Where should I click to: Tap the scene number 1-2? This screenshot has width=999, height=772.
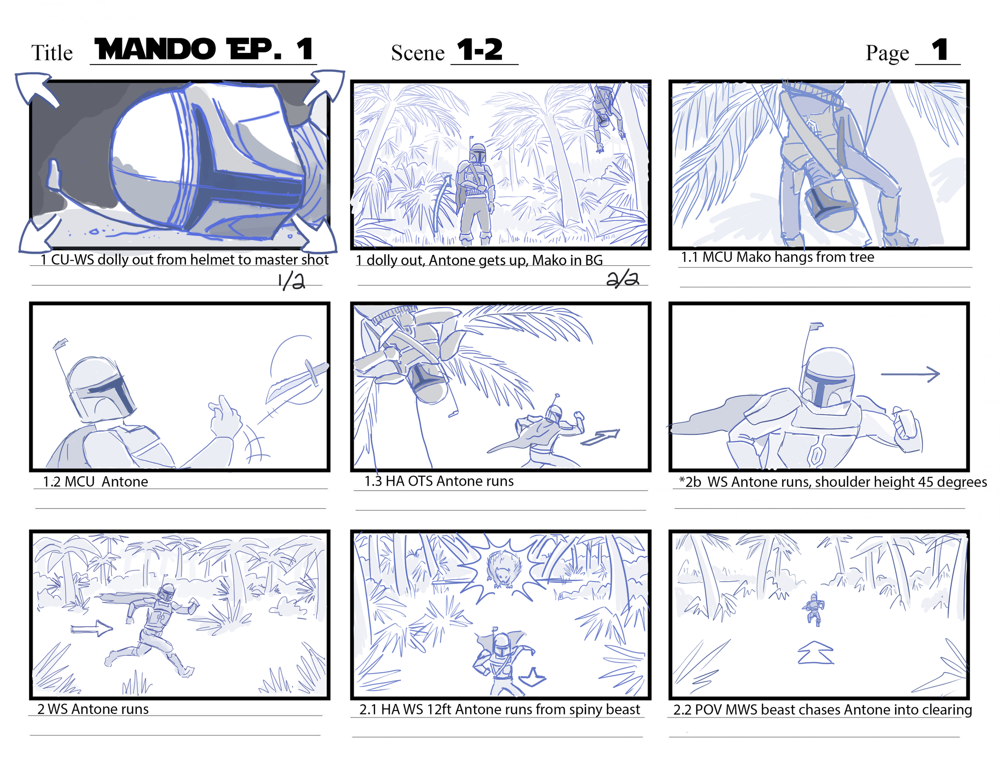(480, 49)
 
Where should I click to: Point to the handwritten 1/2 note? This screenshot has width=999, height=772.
(291, 281)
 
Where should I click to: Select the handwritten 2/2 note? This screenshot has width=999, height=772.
(622, 279)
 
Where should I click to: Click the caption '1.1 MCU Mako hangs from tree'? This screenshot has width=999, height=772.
(778, 257)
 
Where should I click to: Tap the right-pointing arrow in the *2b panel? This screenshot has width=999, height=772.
(910, 374)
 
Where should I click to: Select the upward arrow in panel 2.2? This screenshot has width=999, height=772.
(815, 653)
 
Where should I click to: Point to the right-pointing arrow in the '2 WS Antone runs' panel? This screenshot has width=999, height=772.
(91, 629)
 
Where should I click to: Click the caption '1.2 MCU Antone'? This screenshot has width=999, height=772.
(95, 482)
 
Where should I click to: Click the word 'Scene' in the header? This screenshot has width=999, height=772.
(418, 53)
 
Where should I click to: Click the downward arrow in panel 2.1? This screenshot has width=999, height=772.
(532, 677)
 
